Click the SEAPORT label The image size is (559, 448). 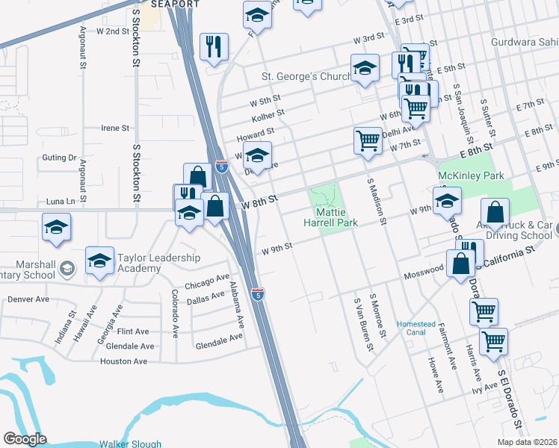point(176,4)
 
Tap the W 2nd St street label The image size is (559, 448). point(113,32)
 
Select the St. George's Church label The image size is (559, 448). point(306,76)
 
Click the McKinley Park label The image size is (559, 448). point(463,176)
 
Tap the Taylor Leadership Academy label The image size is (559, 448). point(158,263)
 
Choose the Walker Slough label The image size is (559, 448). point(131,444)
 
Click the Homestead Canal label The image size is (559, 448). point(416,328)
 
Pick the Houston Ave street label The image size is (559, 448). point(123,361)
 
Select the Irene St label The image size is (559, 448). point(116,128)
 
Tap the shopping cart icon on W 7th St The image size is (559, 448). point(368,140)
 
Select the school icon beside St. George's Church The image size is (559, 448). point(365,69)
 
